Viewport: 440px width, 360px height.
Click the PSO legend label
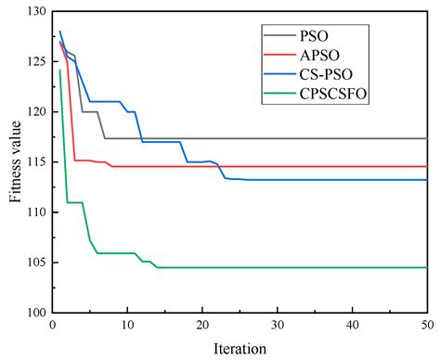coord(314,37)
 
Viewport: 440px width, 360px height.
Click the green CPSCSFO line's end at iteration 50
coord(426,268)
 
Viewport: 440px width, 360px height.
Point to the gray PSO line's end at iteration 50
coord(426,138)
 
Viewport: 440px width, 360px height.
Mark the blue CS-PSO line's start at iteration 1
coord(59,32)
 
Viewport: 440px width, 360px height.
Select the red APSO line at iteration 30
coord(277,167)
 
